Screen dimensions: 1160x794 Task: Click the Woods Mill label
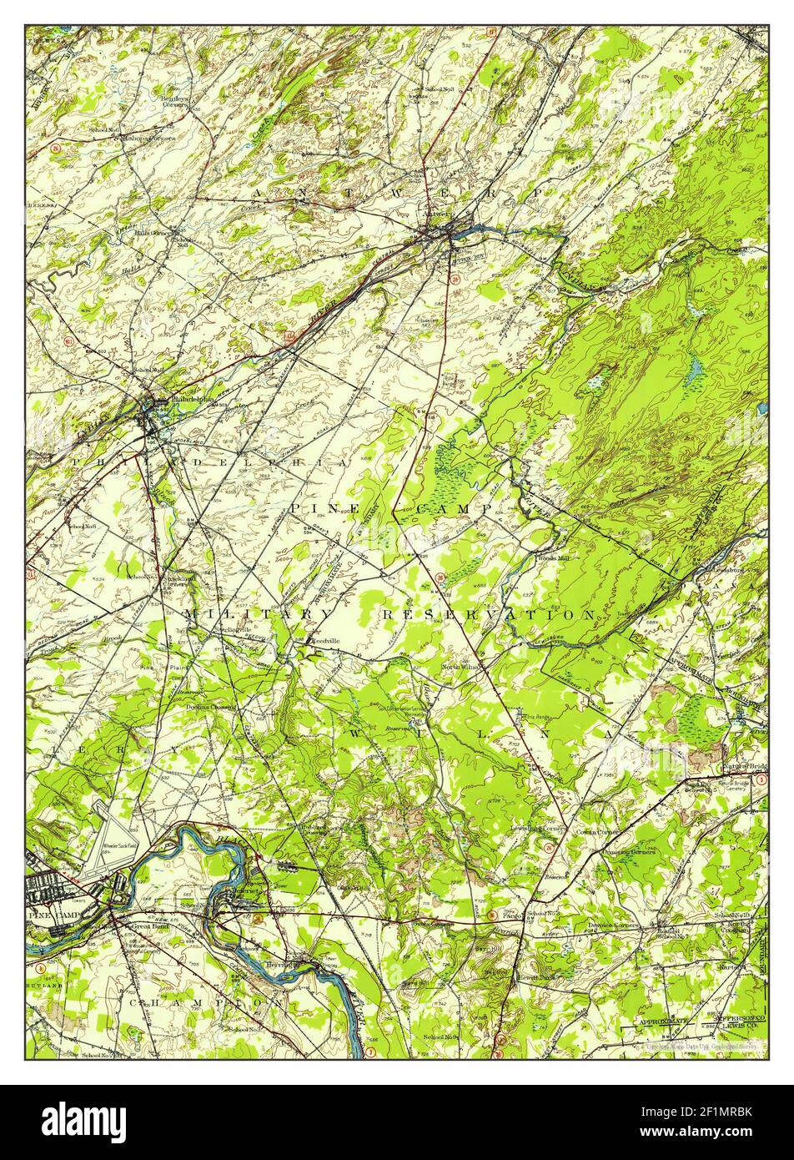pos(557,558)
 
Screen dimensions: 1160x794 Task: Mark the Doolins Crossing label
pos(210,706)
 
